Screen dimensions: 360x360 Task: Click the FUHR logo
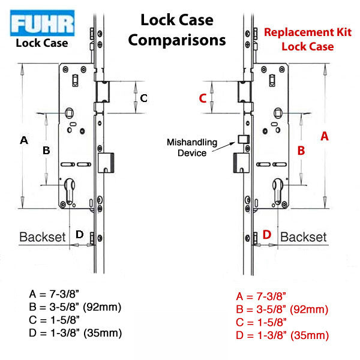click(x=41, y=24)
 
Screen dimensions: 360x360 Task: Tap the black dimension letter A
click(x=24, y=140)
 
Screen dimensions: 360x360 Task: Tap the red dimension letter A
click(x=325, y=136)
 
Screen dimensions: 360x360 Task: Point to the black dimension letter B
click(x=46, y=151)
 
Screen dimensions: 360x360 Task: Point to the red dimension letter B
click(x=302, y=150)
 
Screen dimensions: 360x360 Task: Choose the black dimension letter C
click(x=143, y=98)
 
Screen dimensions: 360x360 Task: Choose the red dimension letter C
click(x=203, y=98)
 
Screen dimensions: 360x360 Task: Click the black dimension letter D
click(x=79, y=235)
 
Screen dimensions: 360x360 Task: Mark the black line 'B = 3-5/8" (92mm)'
click(x=75, y=308)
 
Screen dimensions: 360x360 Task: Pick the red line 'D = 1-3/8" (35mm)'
click(x=283, y=335)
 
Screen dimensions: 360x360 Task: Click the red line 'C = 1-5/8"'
click(x=262, y=322)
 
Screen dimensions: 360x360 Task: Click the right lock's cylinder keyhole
click(x=278, y=188)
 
